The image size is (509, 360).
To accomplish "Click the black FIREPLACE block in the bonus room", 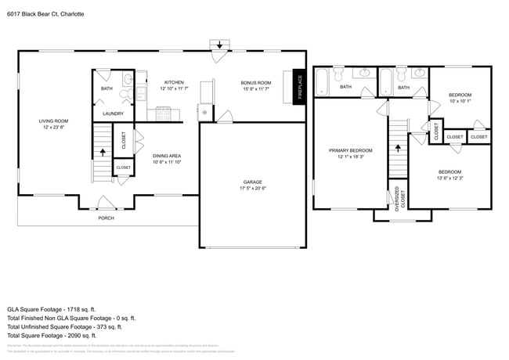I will pyautogui.click(x=298, y=86).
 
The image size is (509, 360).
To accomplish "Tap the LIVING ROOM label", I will pyautogui.click(x=55, y=121).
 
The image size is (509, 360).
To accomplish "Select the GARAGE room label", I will pyautogui.click(x=252, y=182).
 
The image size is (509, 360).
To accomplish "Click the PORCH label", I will pyautogui.click(x=105, y=218).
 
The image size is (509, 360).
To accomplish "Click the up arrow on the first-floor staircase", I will pyautogui.click(x=100, y=152).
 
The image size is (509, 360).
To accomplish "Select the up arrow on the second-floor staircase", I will pyautogui.click(x=399, y=146).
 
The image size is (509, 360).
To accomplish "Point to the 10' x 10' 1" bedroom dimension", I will pyautogui.click(x=460, y=101).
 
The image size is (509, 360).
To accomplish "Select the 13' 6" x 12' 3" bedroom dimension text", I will pyautogui.click(x=449, y=178).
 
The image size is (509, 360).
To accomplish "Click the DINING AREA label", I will pyautogui.click(x=167, y=156).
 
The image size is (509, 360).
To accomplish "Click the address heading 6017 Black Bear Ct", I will pyautogui.click(x=51, y=14).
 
